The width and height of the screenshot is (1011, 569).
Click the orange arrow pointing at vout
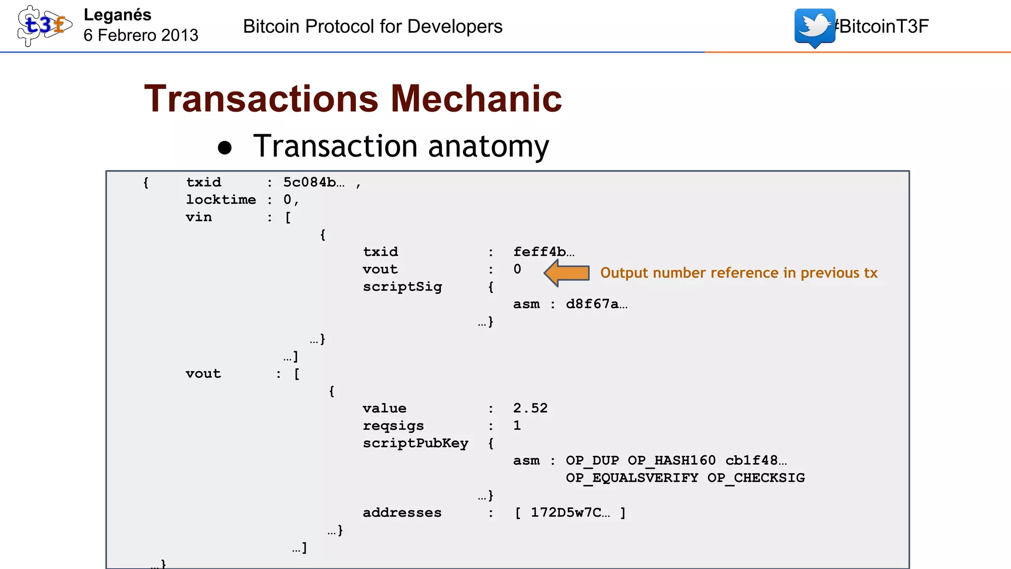tap(567, 273)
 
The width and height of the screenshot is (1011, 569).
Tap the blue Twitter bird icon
tap(815, 26)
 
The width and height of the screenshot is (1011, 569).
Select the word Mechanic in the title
tap(476, 99)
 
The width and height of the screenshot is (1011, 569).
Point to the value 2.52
tap(530, 408)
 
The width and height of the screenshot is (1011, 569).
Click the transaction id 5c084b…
tap(314, 182)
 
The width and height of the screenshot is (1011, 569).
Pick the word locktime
tap(221, 200)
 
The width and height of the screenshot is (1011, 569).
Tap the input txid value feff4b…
tap(544, 252)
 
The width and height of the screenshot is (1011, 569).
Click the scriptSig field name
tap(402, 286)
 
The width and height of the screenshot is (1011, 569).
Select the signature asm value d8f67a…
tap(596, 304)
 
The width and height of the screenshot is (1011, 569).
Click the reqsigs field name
tap(393, 426)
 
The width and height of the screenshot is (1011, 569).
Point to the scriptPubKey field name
tap(415, 443)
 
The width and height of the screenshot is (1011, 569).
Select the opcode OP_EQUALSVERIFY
tap(632, 478)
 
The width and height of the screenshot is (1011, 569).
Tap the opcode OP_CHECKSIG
tap(756, 478)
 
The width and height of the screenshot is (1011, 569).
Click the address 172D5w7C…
tap(570, 513)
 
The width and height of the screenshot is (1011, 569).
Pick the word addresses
tap(402, 513)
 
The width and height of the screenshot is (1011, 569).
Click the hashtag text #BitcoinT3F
tap(882, 26)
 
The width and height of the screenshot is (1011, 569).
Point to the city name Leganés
tap(117, 15)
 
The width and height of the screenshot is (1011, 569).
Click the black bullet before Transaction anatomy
tap(225, 148)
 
